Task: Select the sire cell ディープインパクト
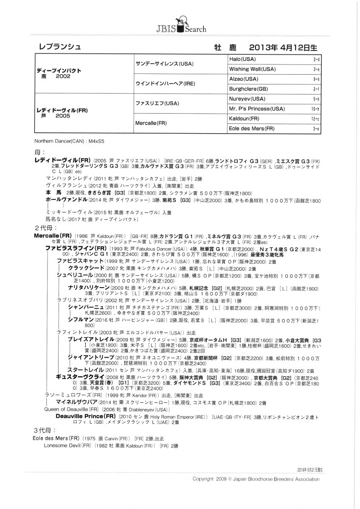coord(59,70)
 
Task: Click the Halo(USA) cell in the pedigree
coord(242,59)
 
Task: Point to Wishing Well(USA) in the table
coord(252,69)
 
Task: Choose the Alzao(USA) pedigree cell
coord(244,79)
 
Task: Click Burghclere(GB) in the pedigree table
coord(248,89)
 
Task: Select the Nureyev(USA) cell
coord(247,98)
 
